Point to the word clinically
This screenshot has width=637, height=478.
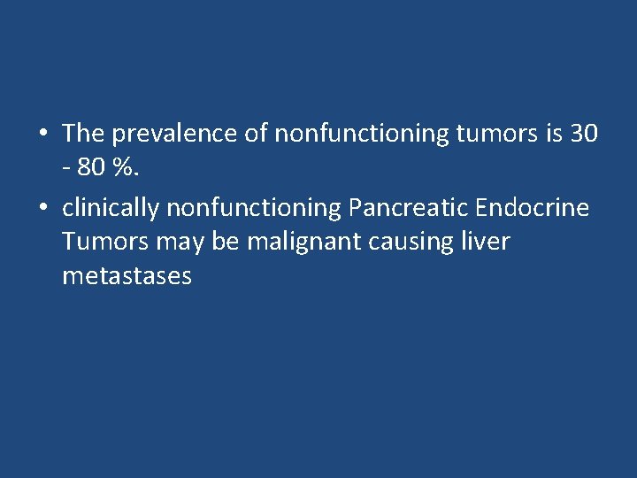pyautogui.click(x=111, y=207)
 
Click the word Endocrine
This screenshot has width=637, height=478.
pyautogui.click(x=532, y=207)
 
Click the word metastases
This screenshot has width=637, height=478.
pyautogui.click(x=127, y=276)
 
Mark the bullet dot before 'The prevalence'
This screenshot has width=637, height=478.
pyautogui.click(x=42, y=135)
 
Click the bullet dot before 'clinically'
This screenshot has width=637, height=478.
pyautogui.click(x=42, y=207)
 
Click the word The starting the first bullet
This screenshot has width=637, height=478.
pyautogui.click(x=83, y=134)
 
